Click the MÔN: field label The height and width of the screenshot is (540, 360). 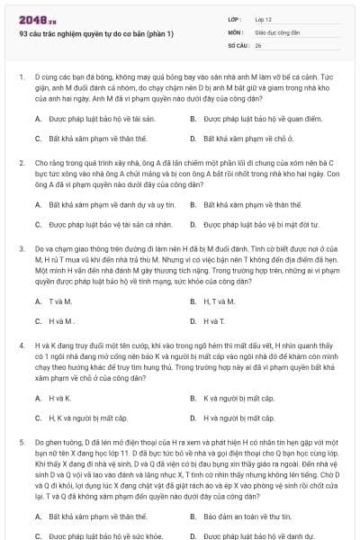pyautogui.click(x=235, y=31)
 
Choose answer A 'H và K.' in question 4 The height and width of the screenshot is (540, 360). pyautogui.click(x=59, y=397)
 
